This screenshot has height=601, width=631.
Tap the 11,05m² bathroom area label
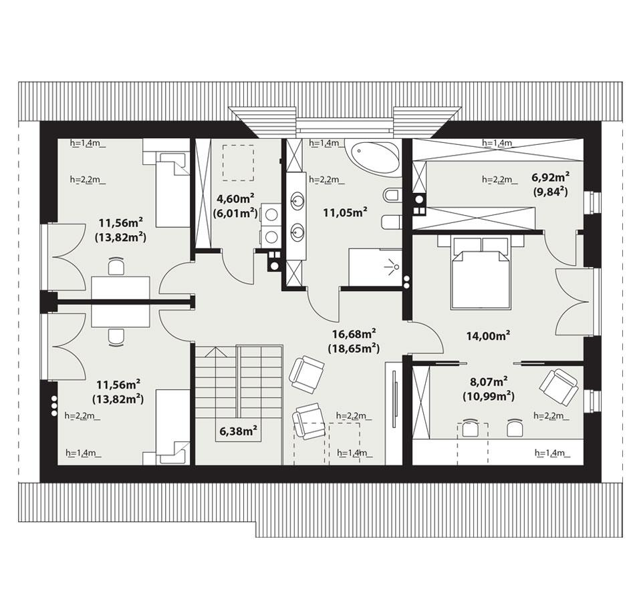coord(345,213)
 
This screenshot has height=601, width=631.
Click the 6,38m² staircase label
coord(239,431)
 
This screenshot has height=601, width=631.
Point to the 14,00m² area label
coord(484,336)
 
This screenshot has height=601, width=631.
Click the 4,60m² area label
coord(234,198)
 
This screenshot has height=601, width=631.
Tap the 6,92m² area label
coord(550,177)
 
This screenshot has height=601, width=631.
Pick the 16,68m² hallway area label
coord(354,333)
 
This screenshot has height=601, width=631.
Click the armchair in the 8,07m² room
coord(558,387)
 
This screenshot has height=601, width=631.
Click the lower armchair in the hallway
coord(308,421)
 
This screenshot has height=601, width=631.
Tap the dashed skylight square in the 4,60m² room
coord(237,162)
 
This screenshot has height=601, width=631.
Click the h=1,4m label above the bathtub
coord(326,143)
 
